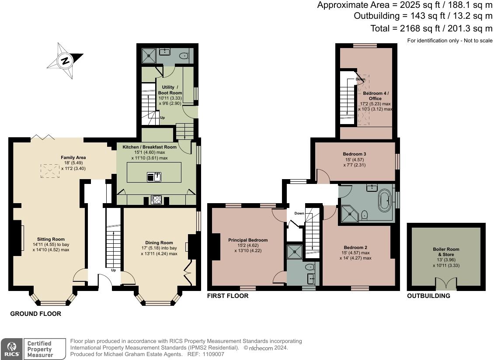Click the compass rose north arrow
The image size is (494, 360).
[65, 61]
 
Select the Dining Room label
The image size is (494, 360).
[159, 242]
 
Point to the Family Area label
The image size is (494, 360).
[73, 157]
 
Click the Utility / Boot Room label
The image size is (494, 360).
[170, 90]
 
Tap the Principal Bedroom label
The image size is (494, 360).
[248, 240]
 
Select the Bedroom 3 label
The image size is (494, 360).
[355, 154]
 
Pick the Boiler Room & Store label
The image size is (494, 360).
[446, 252]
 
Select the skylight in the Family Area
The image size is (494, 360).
[49, 171]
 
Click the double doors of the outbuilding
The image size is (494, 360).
[446, 284]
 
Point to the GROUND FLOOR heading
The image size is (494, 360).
[35, 314]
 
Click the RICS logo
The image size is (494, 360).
[11, 349]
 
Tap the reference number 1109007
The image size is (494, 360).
[211, 354]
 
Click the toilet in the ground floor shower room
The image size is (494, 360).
[184, 55]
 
